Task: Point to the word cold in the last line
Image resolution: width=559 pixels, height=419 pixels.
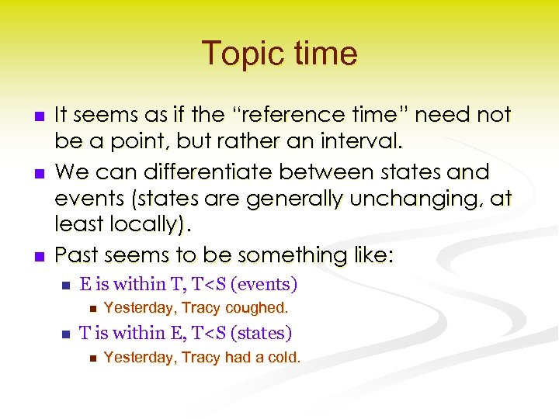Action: tap(283, 358)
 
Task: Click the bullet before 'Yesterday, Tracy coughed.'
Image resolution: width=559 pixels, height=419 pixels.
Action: tap(91, 309)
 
